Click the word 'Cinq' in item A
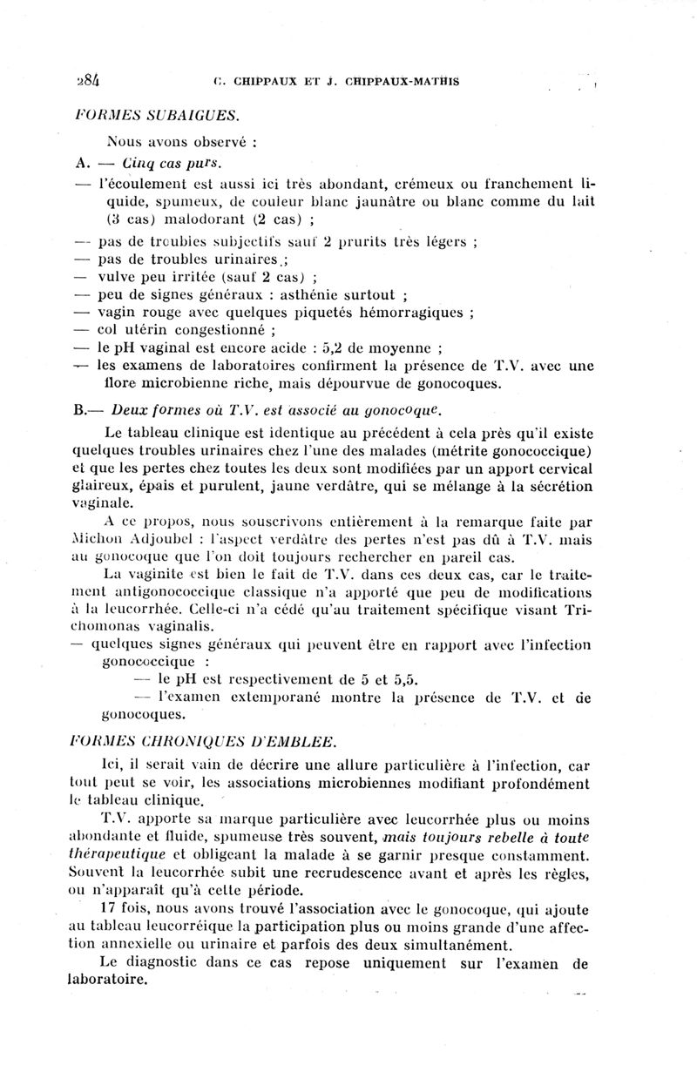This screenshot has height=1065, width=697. [x=139, y=162]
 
